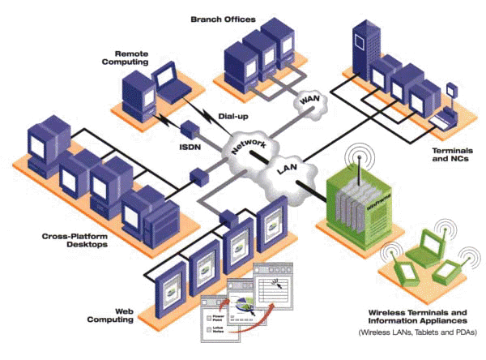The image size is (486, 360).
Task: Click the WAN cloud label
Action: pyautogui.click(x=309, y=101)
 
